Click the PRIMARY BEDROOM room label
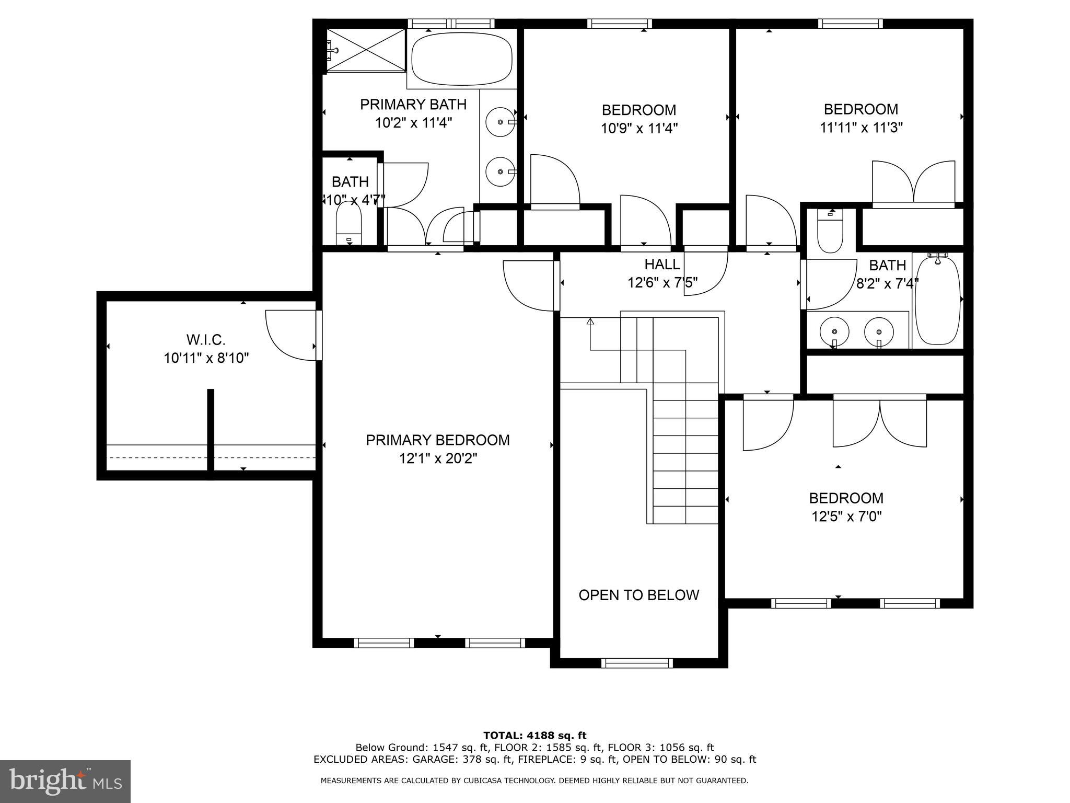pyautogui.click(x=437, y=440)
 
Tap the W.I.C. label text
pyautogui.click(x=206, y=340)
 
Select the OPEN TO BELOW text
pyautogui.click(x=638, y=595)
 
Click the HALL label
pyautogui.click(x=662, y=264)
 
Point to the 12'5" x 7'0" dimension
pyautogui.click(x=846, y=517)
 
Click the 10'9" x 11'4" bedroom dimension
pyautogui.click(x=638, y=128)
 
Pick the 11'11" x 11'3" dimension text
pyautogui.click(x=860, y=127)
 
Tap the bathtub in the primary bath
pyautogui.click(x=462, y=59)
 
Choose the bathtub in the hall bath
pyautogui.click(x=938, y=300)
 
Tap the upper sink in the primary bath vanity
pyautogui.click(x=501, y=122)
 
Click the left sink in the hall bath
pyautogui.click(x=834, y=331)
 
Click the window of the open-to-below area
pyautogui.click(x=637, y=663)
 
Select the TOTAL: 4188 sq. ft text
pyautogui.click(x=534, y=736)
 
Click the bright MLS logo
pyautogui.click(x=65, y=781)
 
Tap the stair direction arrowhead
pyautogui.click(x=590, y=321)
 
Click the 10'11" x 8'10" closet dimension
pyautogui.click(x=206, y=358)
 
